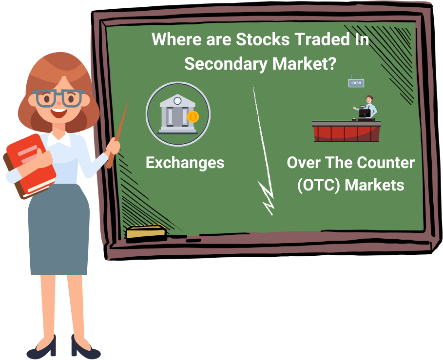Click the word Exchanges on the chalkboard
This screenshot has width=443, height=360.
[x=185, y=163]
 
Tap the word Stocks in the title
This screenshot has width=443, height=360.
[x=263, y=39]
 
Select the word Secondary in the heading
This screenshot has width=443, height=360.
[x=226, y=64]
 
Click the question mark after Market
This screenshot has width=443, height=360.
[x=332, y=63]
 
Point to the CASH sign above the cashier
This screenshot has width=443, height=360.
[x=356, y=83]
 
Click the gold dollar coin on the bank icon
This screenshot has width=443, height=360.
[x=193, y=116]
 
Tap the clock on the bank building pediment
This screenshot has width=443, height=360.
[x=177, y=100]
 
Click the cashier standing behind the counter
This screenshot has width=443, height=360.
[x=367, y=107]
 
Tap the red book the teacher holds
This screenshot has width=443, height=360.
[x=31, y=166]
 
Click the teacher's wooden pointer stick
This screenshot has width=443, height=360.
[x=117, y=135]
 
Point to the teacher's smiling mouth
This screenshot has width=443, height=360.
[x=59, y=113]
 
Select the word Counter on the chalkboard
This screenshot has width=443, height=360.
[x=385, y=163]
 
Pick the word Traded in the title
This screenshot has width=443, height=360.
[x=320, y=39]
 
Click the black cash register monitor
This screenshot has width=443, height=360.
[x=365, y=113]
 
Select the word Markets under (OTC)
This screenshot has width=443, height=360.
[x=374, y=185]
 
